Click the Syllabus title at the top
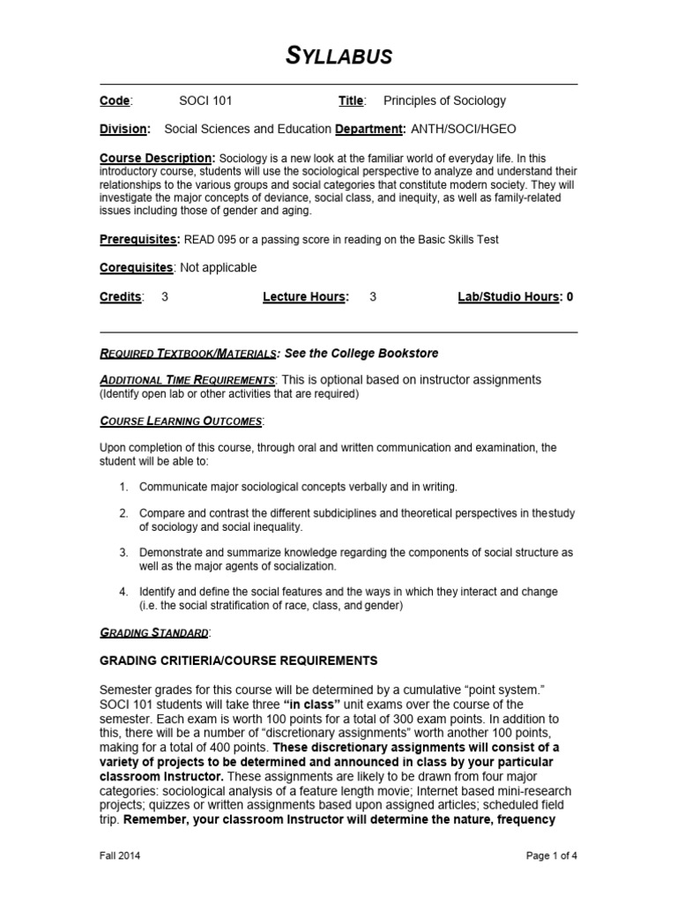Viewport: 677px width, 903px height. click(x=338, y=56)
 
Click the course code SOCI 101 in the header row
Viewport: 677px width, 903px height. click(x=206, y=101)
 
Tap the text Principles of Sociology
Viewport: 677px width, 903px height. click(x=444, y=101)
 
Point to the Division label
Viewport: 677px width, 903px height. click(x=123, y=129)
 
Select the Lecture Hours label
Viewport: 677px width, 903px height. click(x=304, y=297)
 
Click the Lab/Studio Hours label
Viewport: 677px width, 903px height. click(x=508, y=297)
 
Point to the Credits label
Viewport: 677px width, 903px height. click(x=120, y=297)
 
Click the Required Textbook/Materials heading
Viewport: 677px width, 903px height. click(x=187, y=354)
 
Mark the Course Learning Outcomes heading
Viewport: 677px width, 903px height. click(x=181, y=422)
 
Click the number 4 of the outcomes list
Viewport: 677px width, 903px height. click(x=123, y=592)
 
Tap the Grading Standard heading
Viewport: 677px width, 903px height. click(x=154, y=632)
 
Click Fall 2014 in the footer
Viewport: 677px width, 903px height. click(x=120, y=855)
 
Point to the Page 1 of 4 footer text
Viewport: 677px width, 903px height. click(x=551, y=855)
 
